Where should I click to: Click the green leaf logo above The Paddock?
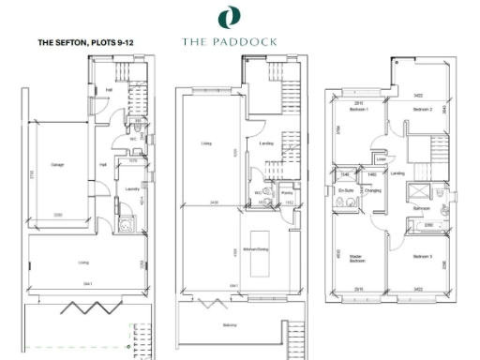click(x=228, y=17)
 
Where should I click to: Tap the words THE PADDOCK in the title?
click(x=228, y=42)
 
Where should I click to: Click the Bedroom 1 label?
click(x=359, y=110)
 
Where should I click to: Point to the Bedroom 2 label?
click(x=422, y=110)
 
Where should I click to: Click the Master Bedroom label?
click(x=357, y=257)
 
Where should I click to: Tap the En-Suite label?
click(x=346, y=190)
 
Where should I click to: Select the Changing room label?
click(x=371, y=190)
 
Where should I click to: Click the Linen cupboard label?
click(x=381, y=158)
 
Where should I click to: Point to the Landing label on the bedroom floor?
click(x=397, y=173)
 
